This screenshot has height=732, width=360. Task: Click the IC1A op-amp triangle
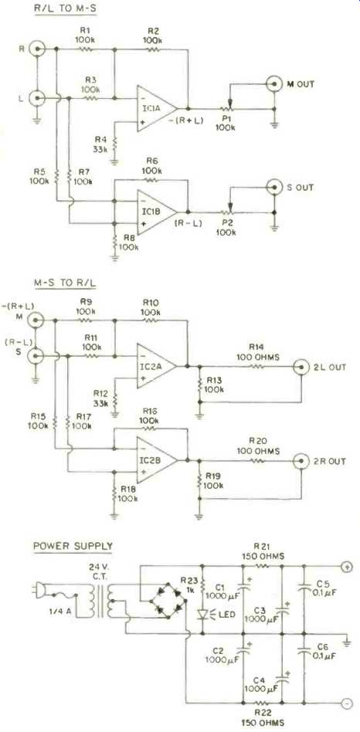pyautogui.click(x=155, y=109)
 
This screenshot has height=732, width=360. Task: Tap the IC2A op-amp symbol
pyautogui.click(x=155, y=367)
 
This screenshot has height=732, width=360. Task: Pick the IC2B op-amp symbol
pyautogui.click(x=155, y=460)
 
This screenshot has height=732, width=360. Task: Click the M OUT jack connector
pyautogui.click(x=274, y=84)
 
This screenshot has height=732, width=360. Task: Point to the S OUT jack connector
pyautogui.click(x=274, y=188)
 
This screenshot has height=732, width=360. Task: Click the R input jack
pyautogui.click(x=37, y=48)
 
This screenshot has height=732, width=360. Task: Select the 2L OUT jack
pyautogui.click(x=301, y=367)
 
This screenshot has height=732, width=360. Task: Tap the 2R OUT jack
pyautogui.click(x=301, y=460)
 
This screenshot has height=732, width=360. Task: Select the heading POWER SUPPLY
pyautogui.click(x=73, y=545)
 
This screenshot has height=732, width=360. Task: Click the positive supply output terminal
pyautogui.click(x=347, y=568)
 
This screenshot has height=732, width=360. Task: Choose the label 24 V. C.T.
pyautogui.click(x=101, y=571)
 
